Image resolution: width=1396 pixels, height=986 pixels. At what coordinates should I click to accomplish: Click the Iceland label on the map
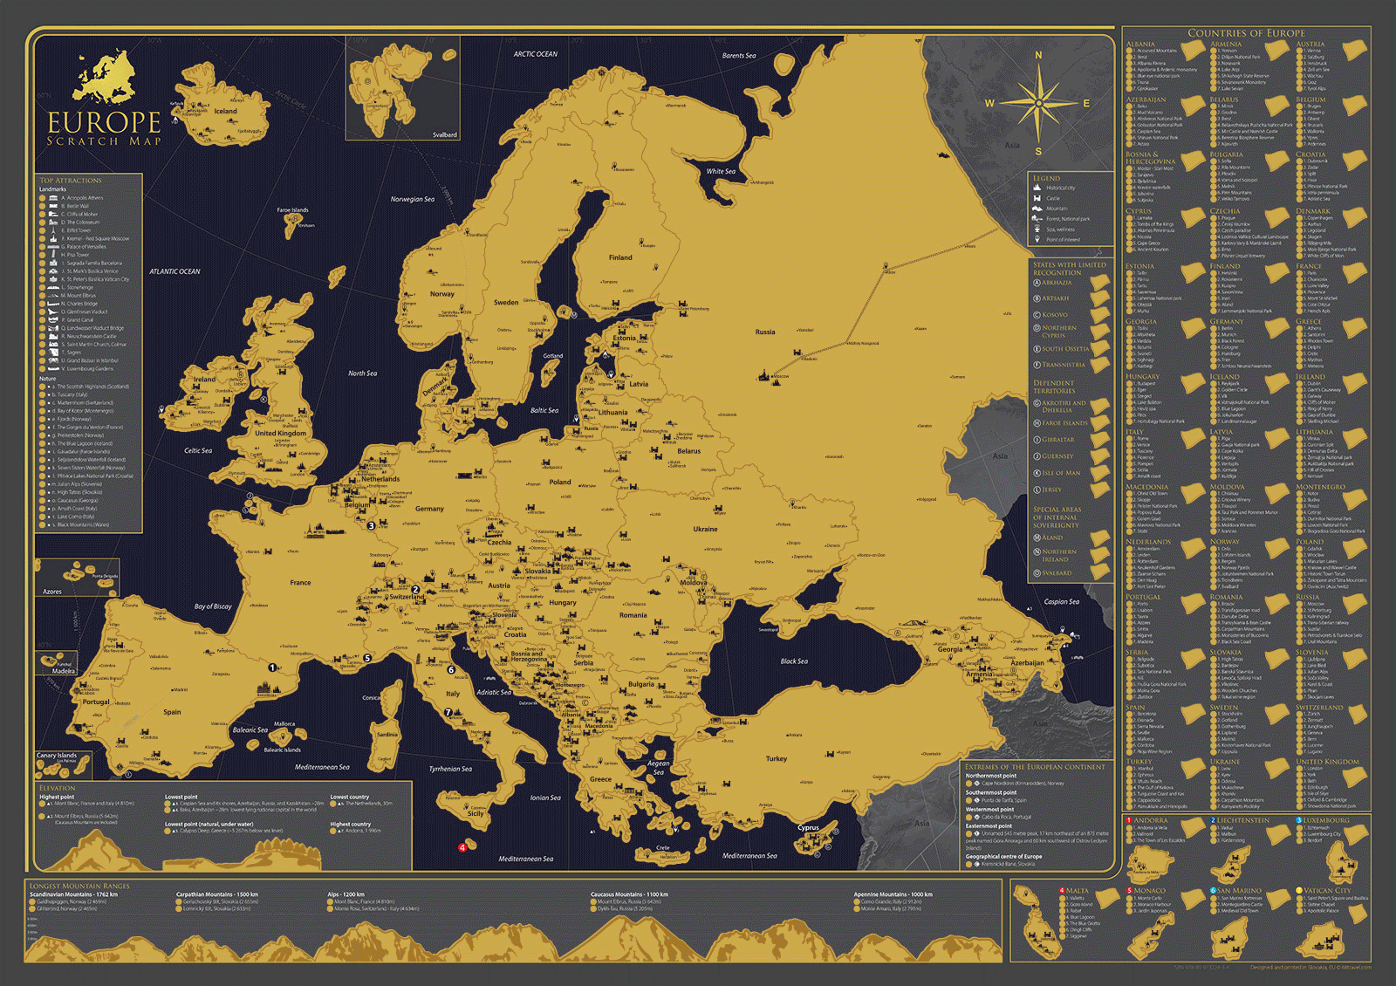click(225, 111)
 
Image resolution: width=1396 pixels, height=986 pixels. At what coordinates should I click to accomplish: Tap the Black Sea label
click(794, 661)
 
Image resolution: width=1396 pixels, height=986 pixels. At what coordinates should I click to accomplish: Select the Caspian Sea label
click(1061, 602)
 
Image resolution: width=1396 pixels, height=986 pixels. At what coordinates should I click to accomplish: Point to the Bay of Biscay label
click(213, 606)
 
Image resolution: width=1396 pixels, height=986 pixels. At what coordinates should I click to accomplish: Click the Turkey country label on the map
click(776, 758)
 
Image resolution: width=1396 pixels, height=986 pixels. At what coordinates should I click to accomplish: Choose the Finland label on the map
click(620, 257)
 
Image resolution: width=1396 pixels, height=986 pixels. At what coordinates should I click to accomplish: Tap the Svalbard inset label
click(444, 135)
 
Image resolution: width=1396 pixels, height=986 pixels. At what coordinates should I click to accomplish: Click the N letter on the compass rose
click(1038, 56)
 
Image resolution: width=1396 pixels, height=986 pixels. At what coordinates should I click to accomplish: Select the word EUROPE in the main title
click(104, 123)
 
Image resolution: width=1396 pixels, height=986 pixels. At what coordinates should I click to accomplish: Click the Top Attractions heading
click(71, 181)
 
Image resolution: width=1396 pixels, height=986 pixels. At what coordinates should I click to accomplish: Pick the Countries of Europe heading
click(1246, 33)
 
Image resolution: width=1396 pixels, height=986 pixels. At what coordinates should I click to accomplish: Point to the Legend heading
click(1046, 178)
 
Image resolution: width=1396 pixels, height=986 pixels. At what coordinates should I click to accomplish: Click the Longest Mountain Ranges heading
click(79, 886)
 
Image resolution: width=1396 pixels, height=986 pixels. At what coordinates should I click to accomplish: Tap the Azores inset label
click(52, 592)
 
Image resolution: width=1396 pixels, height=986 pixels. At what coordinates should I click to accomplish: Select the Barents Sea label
click(739, 56)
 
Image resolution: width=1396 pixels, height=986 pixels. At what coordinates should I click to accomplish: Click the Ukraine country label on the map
click(705, 529)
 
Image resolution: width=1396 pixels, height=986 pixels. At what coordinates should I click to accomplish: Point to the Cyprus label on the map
click(808, 827)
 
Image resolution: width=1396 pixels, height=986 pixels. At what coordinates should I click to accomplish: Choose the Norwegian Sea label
click(412, 199)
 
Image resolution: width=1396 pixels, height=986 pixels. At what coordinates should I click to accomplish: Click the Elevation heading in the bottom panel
click(58, 788)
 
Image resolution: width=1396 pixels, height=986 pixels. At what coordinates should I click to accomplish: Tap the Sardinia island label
click(387, 735)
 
